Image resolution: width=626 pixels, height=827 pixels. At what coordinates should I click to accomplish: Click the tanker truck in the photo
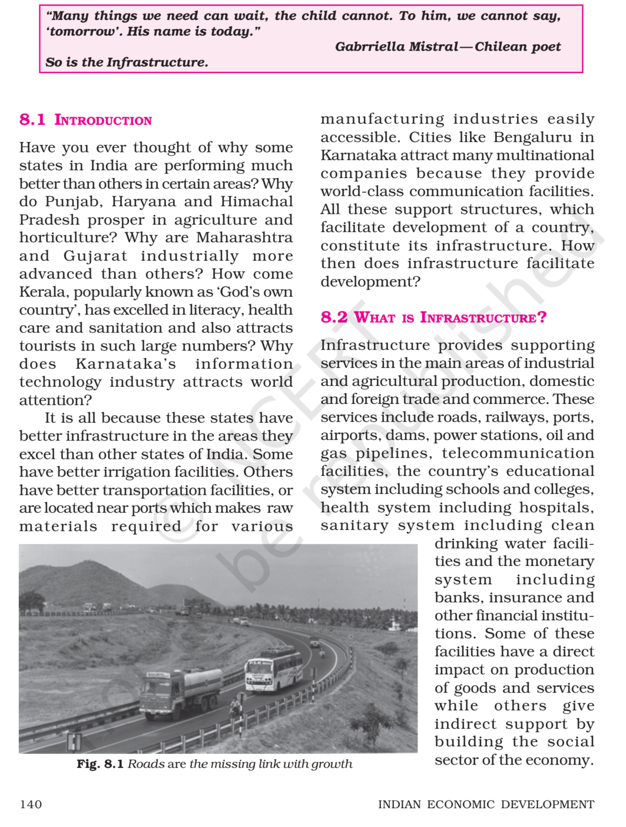(x=180, y=691)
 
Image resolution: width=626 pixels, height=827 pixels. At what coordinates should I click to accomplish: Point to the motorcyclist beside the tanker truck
(x=235, y=708)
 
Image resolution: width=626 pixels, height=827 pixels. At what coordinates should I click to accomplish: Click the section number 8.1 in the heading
(x=32, y=120)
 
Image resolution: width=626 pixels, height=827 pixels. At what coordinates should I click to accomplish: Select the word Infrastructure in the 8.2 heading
(x=477, y=318)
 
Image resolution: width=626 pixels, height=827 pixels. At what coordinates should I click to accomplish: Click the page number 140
(x=31, y=804)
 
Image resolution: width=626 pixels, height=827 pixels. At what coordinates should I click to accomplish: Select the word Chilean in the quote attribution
(x=500, y=47)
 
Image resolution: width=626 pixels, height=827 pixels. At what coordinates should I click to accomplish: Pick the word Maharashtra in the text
(x=244, y=237)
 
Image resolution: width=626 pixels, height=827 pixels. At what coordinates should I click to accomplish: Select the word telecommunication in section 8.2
(x=518, y=453)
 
